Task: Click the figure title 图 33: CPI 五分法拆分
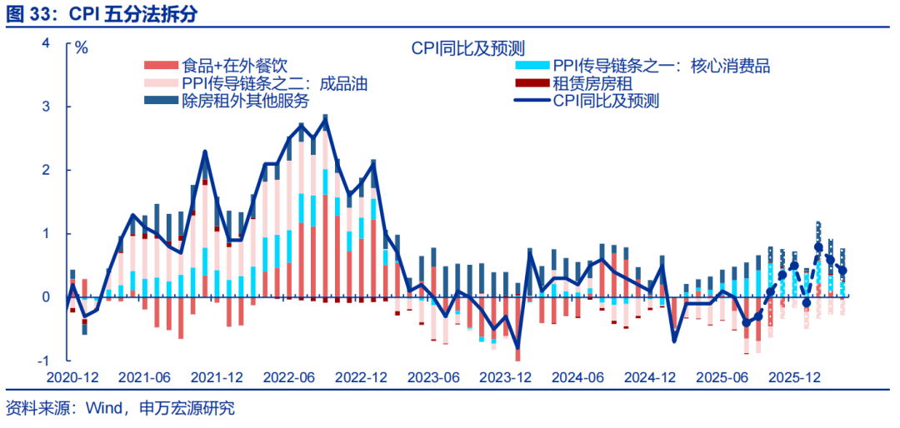pos(103,15)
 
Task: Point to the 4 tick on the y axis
pos(46,43)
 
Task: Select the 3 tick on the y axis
pos(46,107)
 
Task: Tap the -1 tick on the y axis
pos(43,361)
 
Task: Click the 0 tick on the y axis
pos(46,297)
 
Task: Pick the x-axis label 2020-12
pos(72,377)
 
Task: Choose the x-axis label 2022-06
pos(289,377)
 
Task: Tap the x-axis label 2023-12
pos(506,377)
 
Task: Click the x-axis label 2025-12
pos(794,377)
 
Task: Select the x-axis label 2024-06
pos(578,377)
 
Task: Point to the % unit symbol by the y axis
pos(81,47)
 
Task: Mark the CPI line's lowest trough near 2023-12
pos(517,348)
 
